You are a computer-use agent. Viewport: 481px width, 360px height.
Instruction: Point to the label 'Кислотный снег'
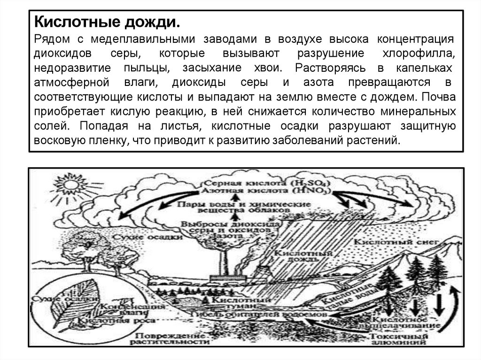click(x=397, y=243)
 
